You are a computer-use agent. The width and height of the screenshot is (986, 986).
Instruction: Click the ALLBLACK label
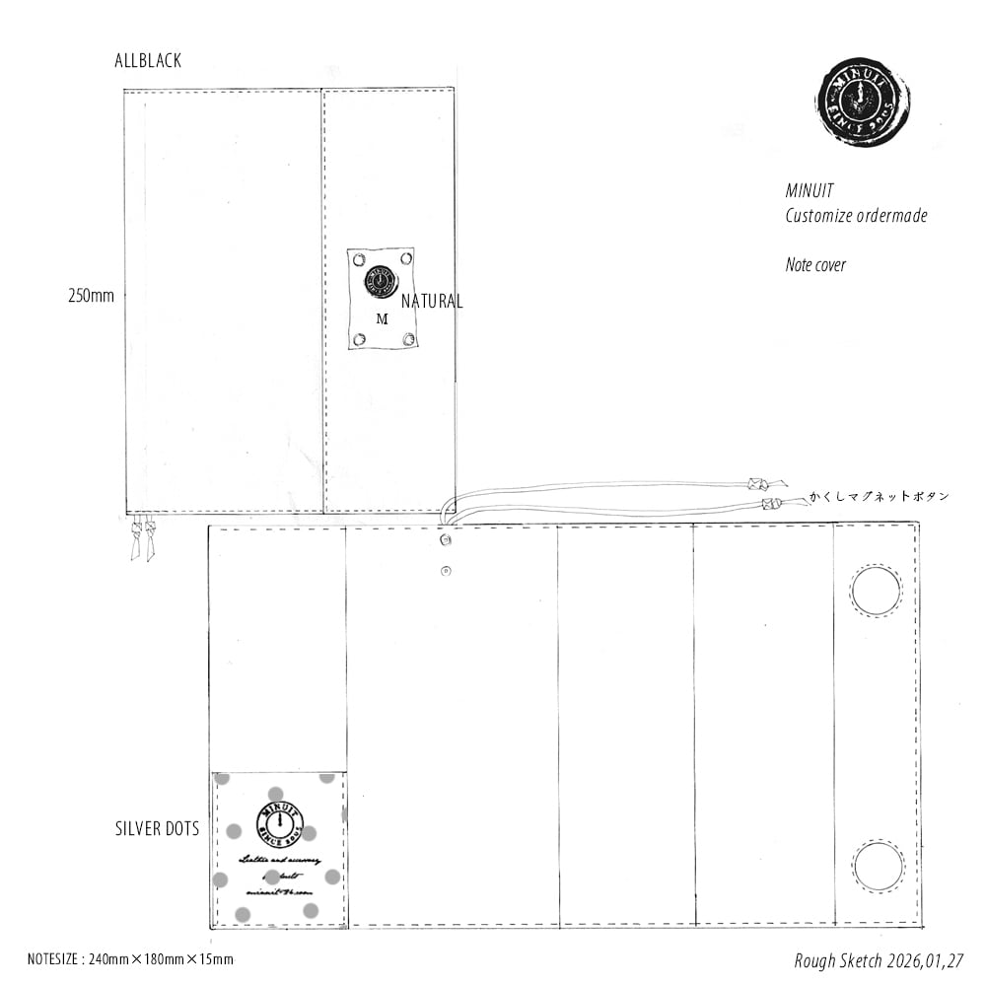coord(148,61)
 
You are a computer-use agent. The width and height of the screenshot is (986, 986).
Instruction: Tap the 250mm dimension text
coord(91,295)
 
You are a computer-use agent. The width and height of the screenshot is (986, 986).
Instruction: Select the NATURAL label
coord(431,302)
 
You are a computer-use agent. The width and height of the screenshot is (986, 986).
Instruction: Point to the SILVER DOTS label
coord(157,829)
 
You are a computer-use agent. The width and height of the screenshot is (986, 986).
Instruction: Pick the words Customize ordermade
coord(856,216)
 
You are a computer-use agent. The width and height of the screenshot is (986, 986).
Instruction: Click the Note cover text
coord(815,264)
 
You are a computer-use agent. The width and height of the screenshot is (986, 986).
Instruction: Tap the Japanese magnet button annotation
coord(879,497)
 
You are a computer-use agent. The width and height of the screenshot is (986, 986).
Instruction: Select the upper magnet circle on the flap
coord(876,592)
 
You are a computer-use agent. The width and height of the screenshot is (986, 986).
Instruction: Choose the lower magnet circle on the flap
coord(878,867)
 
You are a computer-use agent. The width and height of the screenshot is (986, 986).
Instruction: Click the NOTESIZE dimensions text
coord(130,958)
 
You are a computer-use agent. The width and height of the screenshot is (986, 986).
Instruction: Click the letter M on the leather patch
coord(382,319)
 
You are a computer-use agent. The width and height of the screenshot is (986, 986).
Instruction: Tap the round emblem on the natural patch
coord(379,280)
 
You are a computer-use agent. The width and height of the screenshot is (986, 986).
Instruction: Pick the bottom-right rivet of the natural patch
coord(406,339)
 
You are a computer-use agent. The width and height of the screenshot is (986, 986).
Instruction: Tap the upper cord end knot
coord(757,484)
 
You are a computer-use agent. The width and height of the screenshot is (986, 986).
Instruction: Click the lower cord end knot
coord(772,504)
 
